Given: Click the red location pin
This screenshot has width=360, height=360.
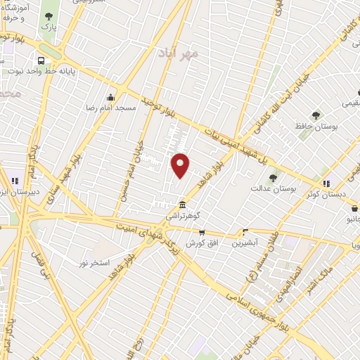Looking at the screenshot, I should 181,165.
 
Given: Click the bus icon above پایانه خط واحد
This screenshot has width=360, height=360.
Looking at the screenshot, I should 43,60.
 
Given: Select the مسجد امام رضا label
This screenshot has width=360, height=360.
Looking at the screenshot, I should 110,108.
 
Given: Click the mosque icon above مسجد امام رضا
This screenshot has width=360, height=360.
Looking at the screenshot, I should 110,98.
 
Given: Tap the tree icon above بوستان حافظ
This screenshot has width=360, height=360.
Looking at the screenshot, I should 316,115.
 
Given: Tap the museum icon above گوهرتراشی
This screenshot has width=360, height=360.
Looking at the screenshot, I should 183,205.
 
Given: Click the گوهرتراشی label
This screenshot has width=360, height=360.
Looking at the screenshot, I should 182,216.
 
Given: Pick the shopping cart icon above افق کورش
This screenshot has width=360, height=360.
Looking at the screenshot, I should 202,232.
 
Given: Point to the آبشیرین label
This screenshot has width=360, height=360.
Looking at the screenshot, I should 246,242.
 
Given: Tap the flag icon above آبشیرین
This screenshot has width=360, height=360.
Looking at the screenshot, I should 245,231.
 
